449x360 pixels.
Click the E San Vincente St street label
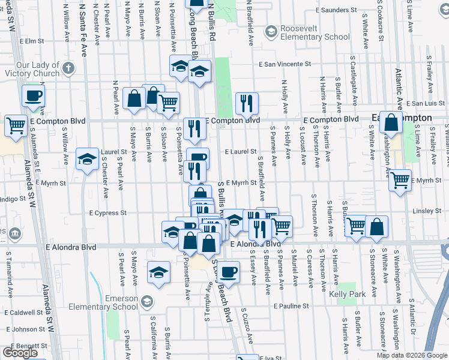pos(285,64)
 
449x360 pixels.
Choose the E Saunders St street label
pos(340,10)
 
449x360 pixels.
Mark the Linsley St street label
pos(427,211)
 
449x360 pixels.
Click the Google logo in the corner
pos(20,353)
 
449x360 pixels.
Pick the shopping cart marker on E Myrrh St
pos(400,180)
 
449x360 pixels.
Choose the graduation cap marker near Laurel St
pos(88,159)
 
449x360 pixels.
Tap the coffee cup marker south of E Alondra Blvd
pos(228,272)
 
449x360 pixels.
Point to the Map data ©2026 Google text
pos(412,355)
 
